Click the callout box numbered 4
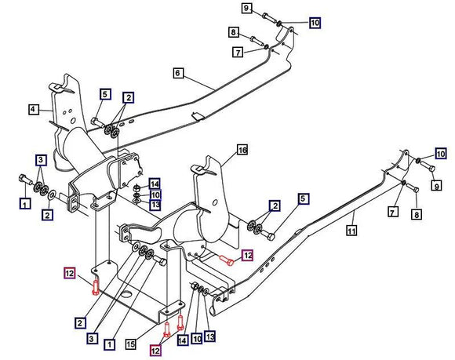pyautogui.click(x=33, y=110)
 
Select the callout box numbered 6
pyautogui.click(x=178, y=73)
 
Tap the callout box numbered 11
pyautogui.click(x=351, y=231)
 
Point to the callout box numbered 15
pyautogui.click(x=131, y=344)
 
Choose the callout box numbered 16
pyautogui.click(x=242, y=150)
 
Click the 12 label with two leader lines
pyautogui.click(x=155, y=351)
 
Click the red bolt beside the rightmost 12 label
pyautogui.click(x=227, y=260)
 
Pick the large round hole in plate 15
pyautogui.click(x=127, y=294)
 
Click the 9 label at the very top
pyautogui.click(x=246, y=8)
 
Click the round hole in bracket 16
pyautogui.click(x=215, y=202)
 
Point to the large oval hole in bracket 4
pyautogui.click(x=73, y=120)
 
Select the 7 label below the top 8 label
pyautogui.click(x=238, y=53)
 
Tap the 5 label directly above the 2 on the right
pyautogui.click(x=303, y=199)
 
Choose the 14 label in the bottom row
pyautogui.click(x=182, y=340)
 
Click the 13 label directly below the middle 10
pyautogui.click(x=155, y=205)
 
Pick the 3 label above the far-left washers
pyautogui.click(x=41, y=159)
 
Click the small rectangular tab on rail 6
pyautogui.click(x=198, y=115)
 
